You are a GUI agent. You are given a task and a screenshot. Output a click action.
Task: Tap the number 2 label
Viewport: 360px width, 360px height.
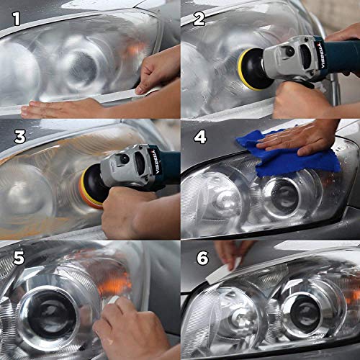(x=196, y=16)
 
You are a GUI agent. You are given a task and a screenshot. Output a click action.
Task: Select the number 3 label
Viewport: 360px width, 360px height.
(x=14, y=136)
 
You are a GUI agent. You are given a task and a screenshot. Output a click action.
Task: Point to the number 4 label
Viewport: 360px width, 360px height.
(x=196, y=136)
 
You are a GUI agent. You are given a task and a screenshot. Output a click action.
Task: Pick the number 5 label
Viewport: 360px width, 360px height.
(x=14, y=256)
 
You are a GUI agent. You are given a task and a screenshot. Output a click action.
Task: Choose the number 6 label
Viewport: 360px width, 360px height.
(x=196, y=256)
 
